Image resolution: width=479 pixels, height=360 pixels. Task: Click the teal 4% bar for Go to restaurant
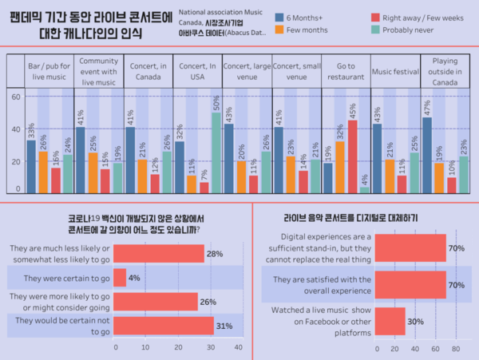365,189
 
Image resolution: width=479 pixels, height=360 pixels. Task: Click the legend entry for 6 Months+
303,18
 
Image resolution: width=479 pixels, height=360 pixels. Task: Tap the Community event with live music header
98,72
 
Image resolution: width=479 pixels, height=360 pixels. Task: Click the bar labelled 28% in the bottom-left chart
160,253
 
